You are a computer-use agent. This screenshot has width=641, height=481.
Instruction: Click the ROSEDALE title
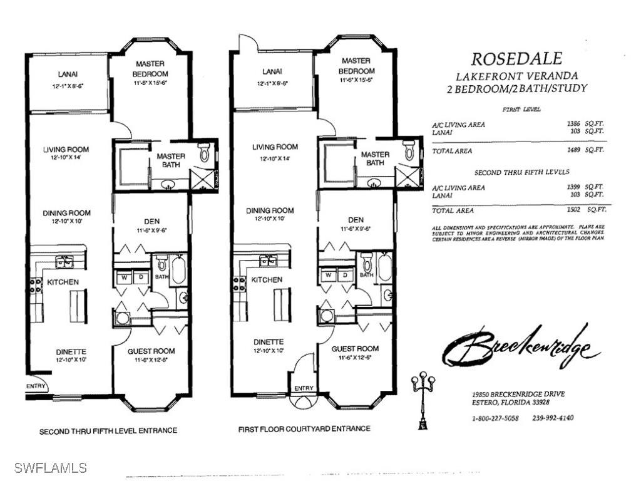[x=516, y=59]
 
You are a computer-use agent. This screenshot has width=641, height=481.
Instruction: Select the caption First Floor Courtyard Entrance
[x=304, y=429]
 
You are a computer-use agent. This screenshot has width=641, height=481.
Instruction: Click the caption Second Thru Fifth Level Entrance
[x=108, y=431]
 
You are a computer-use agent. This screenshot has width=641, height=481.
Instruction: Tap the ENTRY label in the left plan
[x=36, y=386]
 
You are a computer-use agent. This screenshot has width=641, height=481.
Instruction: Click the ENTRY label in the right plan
[x=304, y=388]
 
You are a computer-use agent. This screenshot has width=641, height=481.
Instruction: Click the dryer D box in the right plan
[x=344, y=275]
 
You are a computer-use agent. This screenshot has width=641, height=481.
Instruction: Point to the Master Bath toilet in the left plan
[x=205, y=153]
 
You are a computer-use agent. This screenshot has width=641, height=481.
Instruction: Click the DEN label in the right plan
[x=356, y=220]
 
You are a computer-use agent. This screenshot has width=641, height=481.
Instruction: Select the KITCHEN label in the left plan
[x=63, y=282]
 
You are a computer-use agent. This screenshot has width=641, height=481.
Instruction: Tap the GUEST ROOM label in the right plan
[x=355, y=348]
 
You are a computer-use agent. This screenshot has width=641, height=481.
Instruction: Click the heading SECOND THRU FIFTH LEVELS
[x=521, y=172]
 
